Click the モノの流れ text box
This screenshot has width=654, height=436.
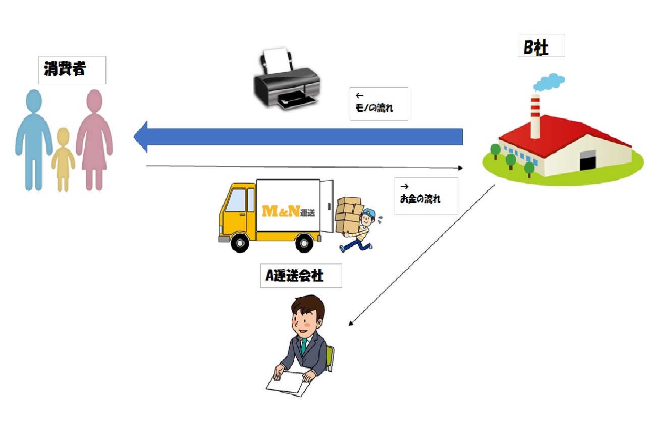click(x=378, y=103)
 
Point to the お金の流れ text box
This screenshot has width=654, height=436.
click(x=426, y=195)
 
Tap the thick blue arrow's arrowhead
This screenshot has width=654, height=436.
click(x=141, y=136)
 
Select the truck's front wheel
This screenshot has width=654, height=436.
click(x=242, y=243)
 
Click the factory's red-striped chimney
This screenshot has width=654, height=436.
click(x=534, y=116)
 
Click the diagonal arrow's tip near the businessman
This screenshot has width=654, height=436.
click(x=350, y=325)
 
